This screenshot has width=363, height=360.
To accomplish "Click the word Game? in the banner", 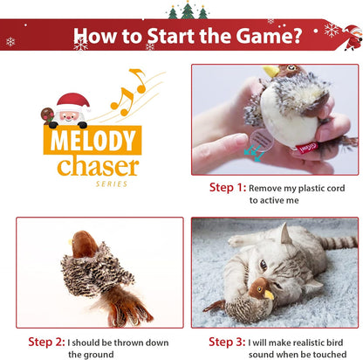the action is tap(268, 36).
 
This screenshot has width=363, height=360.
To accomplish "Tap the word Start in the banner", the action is tap(171, 36).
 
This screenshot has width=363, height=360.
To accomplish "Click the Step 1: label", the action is tap(228, 187).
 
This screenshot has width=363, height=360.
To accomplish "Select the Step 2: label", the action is tap(46, 342).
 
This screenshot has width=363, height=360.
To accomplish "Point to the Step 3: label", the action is tap(227, 342).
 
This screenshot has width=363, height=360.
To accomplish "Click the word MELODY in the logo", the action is tap(92, 141).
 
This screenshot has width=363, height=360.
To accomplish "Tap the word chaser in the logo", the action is tap(99, 166).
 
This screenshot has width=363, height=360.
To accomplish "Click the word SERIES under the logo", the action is tap(112, 183).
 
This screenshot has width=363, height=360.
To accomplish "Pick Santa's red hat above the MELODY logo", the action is tap(73, 101).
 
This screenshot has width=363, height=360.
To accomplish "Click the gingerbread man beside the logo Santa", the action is tap(47, 115).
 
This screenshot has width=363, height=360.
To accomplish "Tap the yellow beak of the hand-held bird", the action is tap(271, 71).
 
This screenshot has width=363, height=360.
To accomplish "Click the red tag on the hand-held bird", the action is tap(307, 147).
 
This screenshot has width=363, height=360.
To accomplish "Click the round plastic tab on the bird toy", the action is tap(262, 140).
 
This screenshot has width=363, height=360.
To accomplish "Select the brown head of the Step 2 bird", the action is tap(85, 244).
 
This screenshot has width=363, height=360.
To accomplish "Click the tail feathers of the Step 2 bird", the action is tap(125, 308).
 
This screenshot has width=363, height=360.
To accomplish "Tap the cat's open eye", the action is tap(264, 265).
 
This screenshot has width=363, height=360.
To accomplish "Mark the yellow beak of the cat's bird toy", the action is tap(269, 294).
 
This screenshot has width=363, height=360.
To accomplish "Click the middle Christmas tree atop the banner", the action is tap(188, 10).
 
